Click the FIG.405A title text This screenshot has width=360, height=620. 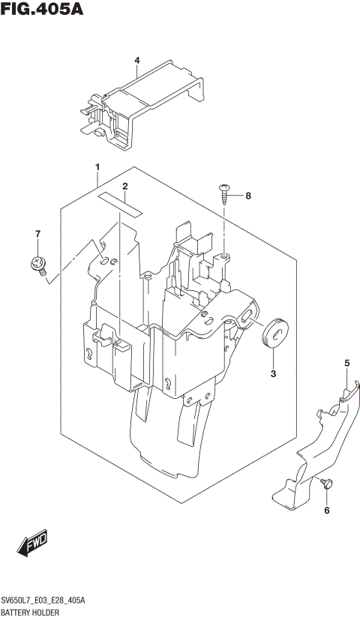(x=42, y=10)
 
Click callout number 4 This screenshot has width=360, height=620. (x=137, y=61)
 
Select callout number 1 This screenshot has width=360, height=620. (x=97, y=166)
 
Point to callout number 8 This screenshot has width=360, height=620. (x=248, y=196)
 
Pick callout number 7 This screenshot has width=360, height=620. (x=37, y=235)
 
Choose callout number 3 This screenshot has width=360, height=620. (x=273, y=373)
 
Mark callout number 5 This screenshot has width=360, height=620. (x=346, y=364)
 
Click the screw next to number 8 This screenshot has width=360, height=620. (x=225, y=193)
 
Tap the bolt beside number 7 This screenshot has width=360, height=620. (x=37, y=262)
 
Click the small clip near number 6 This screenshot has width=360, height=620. (x=325, y=484)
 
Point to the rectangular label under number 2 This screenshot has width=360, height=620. (x=120, y=203)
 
